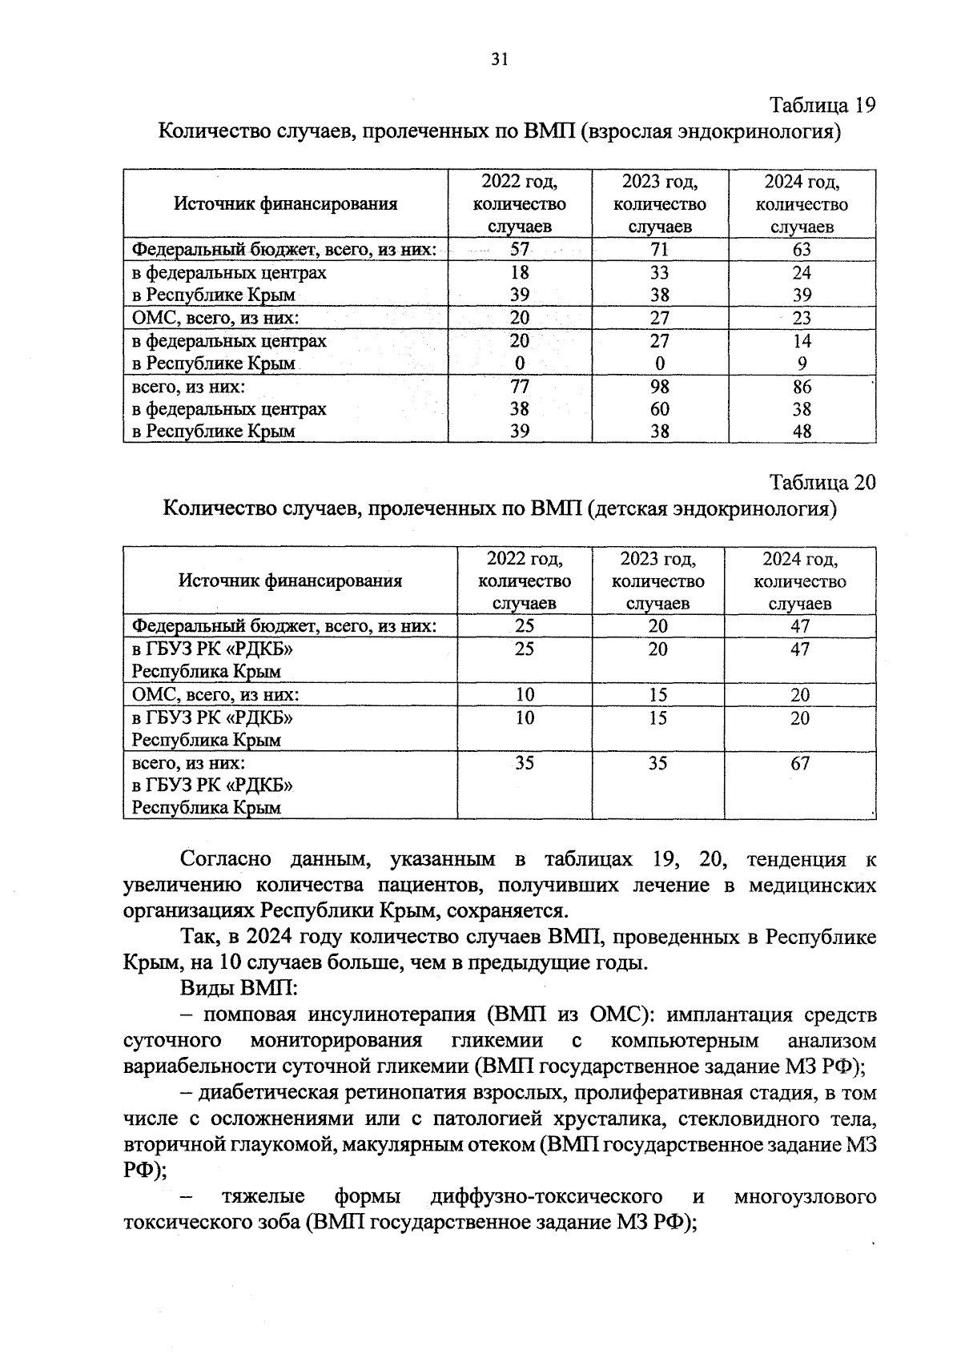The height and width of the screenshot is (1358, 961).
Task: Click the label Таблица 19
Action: coord(822,105)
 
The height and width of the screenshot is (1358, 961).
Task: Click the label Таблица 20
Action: coord(822,483)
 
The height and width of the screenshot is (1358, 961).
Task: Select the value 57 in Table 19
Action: coord(520,250)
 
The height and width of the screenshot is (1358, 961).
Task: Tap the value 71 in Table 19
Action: coord(659,250)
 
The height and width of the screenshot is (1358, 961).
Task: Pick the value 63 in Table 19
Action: coord(802,250)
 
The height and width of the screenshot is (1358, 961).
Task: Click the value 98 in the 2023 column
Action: coord(659,387)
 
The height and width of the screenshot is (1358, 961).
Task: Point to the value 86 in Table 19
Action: coord(802,387)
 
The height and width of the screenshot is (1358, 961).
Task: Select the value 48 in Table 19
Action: coord(802,432)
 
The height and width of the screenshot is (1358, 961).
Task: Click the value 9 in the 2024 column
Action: coord(802,364)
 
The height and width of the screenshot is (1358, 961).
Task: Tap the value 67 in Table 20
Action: coord(800,763)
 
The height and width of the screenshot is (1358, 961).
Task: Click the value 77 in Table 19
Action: coord(520,387)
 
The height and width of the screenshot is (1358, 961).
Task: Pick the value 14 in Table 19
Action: coord(802,341)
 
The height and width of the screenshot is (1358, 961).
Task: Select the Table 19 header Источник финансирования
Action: coord(286,204)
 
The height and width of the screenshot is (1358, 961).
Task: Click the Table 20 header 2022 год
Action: coord(524,559)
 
